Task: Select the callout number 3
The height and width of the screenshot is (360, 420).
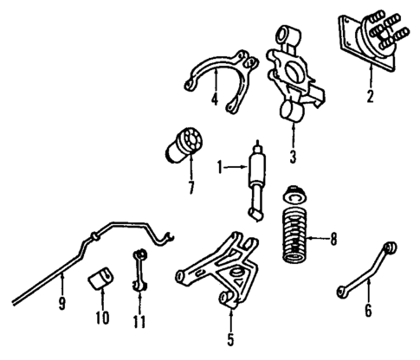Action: (x=294, y=156)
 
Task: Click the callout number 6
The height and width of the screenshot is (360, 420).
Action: (x=368, y=309)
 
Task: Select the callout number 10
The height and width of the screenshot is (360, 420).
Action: (x=101, y=317)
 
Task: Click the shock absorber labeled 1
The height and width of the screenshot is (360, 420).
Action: (x=256, y=179)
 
